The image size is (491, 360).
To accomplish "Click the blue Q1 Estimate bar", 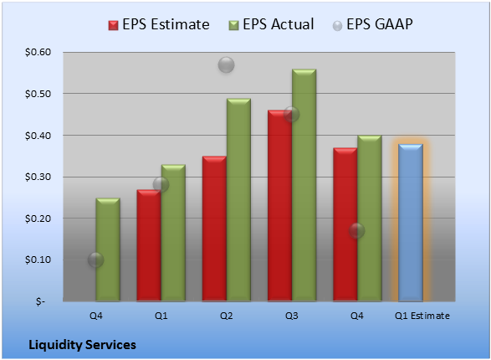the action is click(x=411, y=223).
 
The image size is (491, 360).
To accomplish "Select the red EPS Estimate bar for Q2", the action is click(x=214, y=229).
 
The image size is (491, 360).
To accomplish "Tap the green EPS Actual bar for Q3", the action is click(x=304, y=185).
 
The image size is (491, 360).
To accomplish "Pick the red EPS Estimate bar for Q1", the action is click(x=149, y=245).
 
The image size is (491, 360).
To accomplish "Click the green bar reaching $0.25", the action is click(x=108, y=249).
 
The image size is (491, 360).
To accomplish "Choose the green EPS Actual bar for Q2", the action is click(x=238, y=200).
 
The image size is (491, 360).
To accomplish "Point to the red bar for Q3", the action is click(x=279, y=206).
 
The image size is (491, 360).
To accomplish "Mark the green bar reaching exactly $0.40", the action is click(x=369, y=219).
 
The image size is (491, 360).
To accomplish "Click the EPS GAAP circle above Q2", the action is click(x=226, y=64).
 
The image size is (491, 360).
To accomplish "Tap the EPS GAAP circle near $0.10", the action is click(x=95, y=260).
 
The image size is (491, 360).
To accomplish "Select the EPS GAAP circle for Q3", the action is click(x=292, y=115).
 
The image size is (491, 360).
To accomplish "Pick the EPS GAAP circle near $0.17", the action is click(x=356, y=231).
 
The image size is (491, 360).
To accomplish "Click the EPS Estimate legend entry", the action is click(x=159, y=24).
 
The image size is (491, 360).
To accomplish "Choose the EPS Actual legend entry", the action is click(x=271, y=24).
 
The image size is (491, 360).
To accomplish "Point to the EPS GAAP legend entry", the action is click(x=372, y=24).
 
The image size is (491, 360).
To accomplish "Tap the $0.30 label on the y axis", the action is click(x=38, y=177).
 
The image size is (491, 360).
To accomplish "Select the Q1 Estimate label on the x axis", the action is click(x=422, y=316).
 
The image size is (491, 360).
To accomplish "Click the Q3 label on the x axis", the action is click(x=292, y=316).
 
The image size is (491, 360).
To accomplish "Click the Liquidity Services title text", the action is click(x=82, y=345).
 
